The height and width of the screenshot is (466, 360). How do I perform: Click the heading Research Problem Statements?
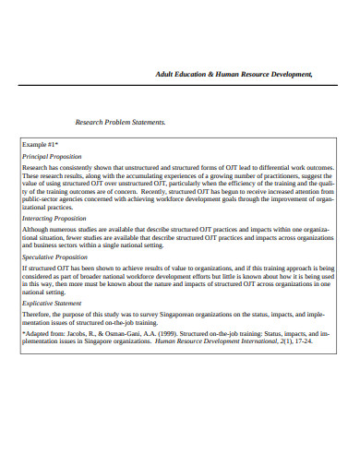(120, 121)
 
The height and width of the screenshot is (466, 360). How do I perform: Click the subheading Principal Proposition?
(53, 157)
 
